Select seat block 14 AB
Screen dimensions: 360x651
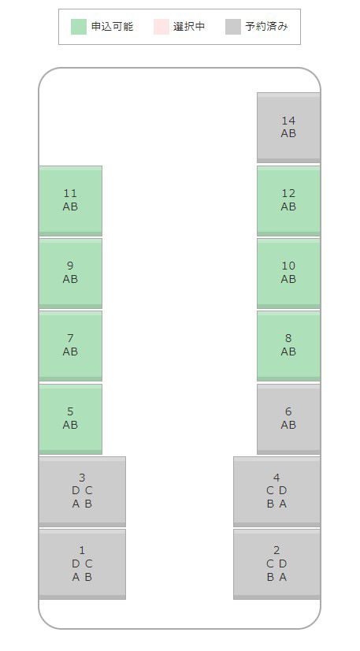point(288,128)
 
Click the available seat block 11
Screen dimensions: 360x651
point(71,200)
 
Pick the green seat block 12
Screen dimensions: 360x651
point(288,200)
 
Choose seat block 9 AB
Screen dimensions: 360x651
point(71,273)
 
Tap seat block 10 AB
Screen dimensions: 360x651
point(288,273)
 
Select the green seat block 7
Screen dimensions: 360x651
point(71,346)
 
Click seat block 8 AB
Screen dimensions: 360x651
point(288,346)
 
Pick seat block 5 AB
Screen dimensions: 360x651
point(71,419)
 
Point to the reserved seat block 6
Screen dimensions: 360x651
point(288,419)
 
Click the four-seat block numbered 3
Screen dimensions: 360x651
point(82,492)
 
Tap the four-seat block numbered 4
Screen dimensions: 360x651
point(276,492)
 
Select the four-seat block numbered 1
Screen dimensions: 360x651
point(82,564)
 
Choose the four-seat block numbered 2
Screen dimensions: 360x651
point(276,564)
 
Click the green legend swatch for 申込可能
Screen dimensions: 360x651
point(79,27)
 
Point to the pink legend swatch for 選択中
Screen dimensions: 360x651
point(161,27)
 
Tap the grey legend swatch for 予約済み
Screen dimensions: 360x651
point(233,27)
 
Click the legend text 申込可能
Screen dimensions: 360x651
point(112,27)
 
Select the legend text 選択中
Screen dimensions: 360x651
point(189,27)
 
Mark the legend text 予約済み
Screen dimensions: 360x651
point(266,27)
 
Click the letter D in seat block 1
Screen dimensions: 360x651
point(76,564)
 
